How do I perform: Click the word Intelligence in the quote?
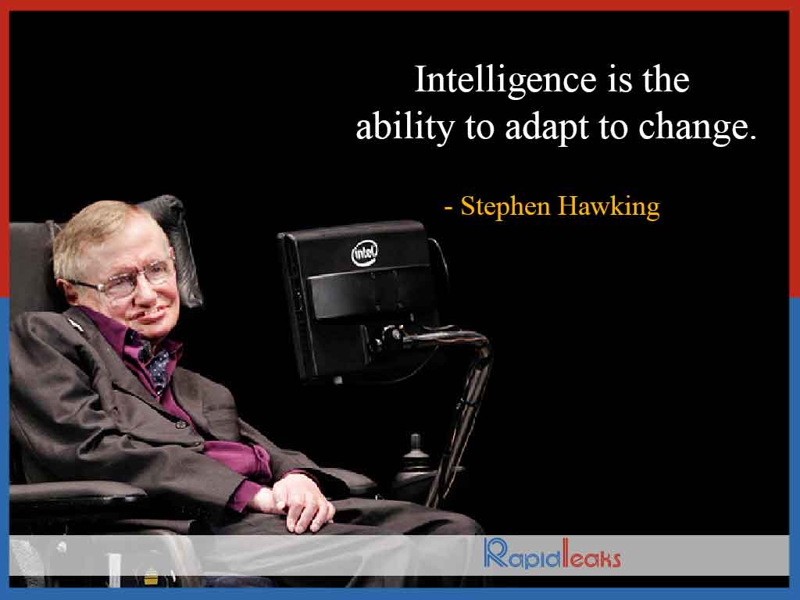[505, 80]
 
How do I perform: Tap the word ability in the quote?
[405, 127]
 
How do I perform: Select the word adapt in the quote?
[546, 127]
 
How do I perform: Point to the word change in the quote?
[692, 127]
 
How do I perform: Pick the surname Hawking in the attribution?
[609, 207]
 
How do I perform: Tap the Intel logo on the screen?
[365, 252]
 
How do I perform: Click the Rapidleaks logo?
[552, 554]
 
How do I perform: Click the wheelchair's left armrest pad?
[77, 492]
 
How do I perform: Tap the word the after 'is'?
[666, 80]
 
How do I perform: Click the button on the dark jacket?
[180, 423]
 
